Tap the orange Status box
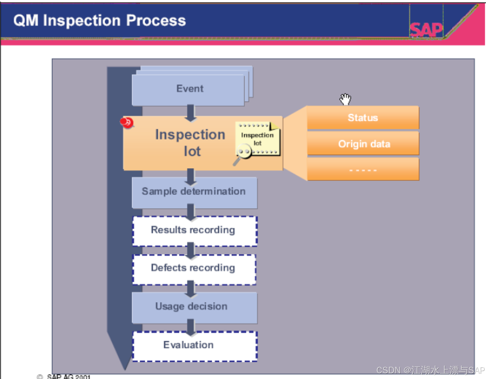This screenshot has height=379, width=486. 363,117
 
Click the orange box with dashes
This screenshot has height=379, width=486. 363,170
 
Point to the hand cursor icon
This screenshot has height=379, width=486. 345,99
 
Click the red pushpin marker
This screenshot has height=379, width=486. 126,122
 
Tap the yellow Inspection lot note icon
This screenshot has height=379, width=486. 258,138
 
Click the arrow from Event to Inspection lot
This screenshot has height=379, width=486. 190,113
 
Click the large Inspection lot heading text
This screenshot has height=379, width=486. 190,143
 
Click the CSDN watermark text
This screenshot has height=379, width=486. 430,370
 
